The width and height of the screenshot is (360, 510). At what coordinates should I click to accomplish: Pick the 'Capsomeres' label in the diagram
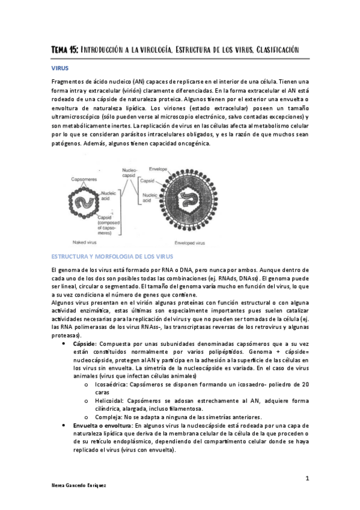coord(81,179)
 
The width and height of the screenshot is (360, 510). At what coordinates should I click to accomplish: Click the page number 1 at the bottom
coord(307,478)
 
